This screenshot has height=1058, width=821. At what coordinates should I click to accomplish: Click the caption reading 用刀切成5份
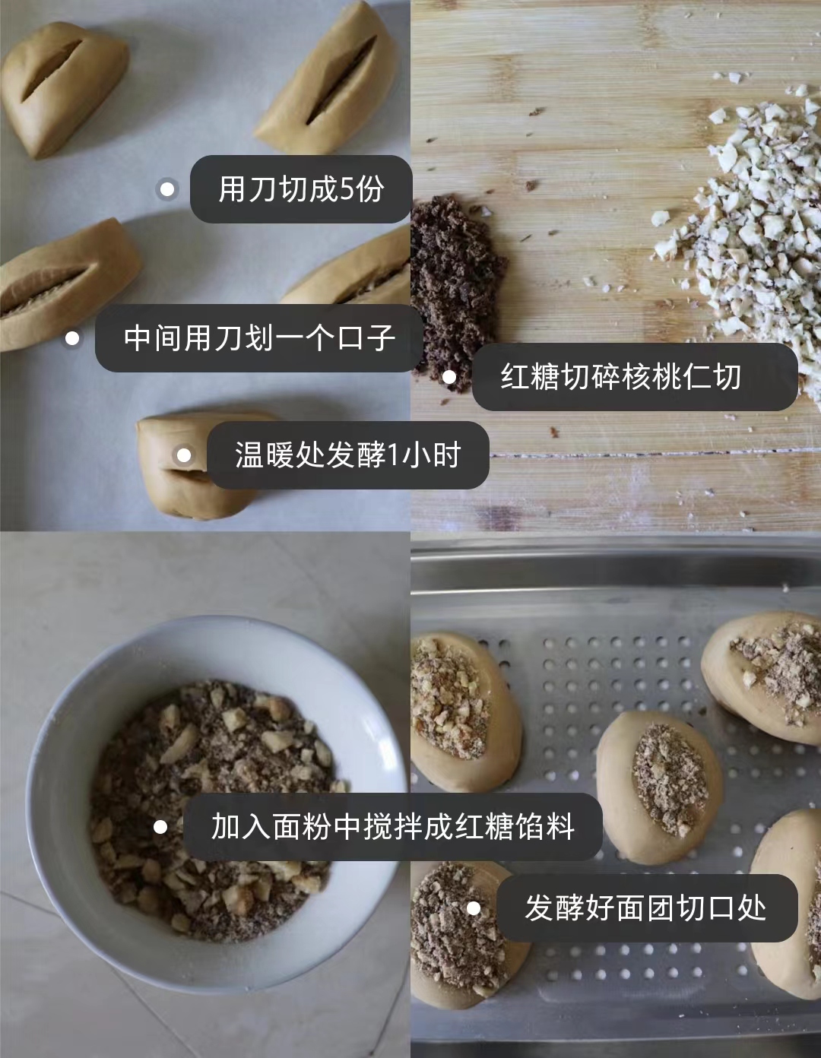301,189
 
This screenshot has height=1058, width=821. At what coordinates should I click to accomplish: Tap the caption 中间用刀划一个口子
259,338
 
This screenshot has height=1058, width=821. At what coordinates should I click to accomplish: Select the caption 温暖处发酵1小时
347,455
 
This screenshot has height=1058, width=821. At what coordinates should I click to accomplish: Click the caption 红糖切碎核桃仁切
620,377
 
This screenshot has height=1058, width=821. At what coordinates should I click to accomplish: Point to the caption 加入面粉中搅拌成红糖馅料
392,827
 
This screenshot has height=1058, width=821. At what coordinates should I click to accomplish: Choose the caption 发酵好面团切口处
645,908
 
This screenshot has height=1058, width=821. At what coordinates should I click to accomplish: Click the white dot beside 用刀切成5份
167,189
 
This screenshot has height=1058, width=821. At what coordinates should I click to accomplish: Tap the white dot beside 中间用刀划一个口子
72,338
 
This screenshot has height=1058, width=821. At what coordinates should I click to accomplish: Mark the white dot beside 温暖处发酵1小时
183,455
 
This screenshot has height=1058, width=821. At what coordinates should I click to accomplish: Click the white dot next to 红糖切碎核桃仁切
449,377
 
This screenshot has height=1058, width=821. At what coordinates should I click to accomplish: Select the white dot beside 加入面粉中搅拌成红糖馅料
160,827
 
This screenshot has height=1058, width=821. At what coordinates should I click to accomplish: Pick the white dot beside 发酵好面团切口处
474,908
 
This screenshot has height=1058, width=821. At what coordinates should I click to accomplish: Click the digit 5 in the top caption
346,189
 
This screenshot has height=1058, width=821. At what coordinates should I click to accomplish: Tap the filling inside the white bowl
214,808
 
